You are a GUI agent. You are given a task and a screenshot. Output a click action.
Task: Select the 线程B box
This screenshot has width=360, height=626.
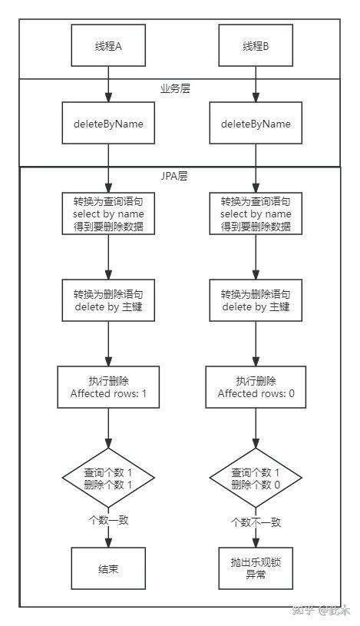tap(256, 45)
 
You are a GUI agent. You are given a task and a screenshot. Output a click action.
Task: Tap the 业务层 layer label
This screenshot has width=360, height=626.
tap(175, 89)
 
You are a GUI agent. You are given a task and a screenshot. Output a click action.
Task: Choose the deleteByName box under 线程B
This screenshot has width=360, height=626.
tap(256, 124)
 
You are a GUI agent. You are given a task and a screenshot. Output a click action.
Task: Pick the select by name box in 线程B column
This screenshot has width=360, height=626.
tap(256, 213)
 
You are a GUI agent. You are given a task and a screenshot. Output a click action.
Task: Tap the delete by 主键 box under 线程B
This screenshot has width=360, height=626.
tap(256, 300)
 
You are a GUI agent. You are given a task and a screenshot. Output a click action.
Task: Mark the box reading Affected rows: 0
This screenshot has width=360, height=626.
tap(256, 387)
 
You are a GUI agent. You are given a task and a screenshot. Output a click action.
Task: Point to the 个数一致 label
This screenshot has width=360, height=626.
tap(108, 520)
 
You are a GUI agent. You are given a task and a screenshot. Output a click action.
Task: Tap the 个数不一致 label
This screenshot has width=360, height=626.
tap(256, 522)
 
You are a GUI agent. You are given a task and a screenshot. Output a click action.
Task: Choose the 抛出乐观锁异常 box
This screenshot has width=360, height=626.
tap(256, 568)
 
